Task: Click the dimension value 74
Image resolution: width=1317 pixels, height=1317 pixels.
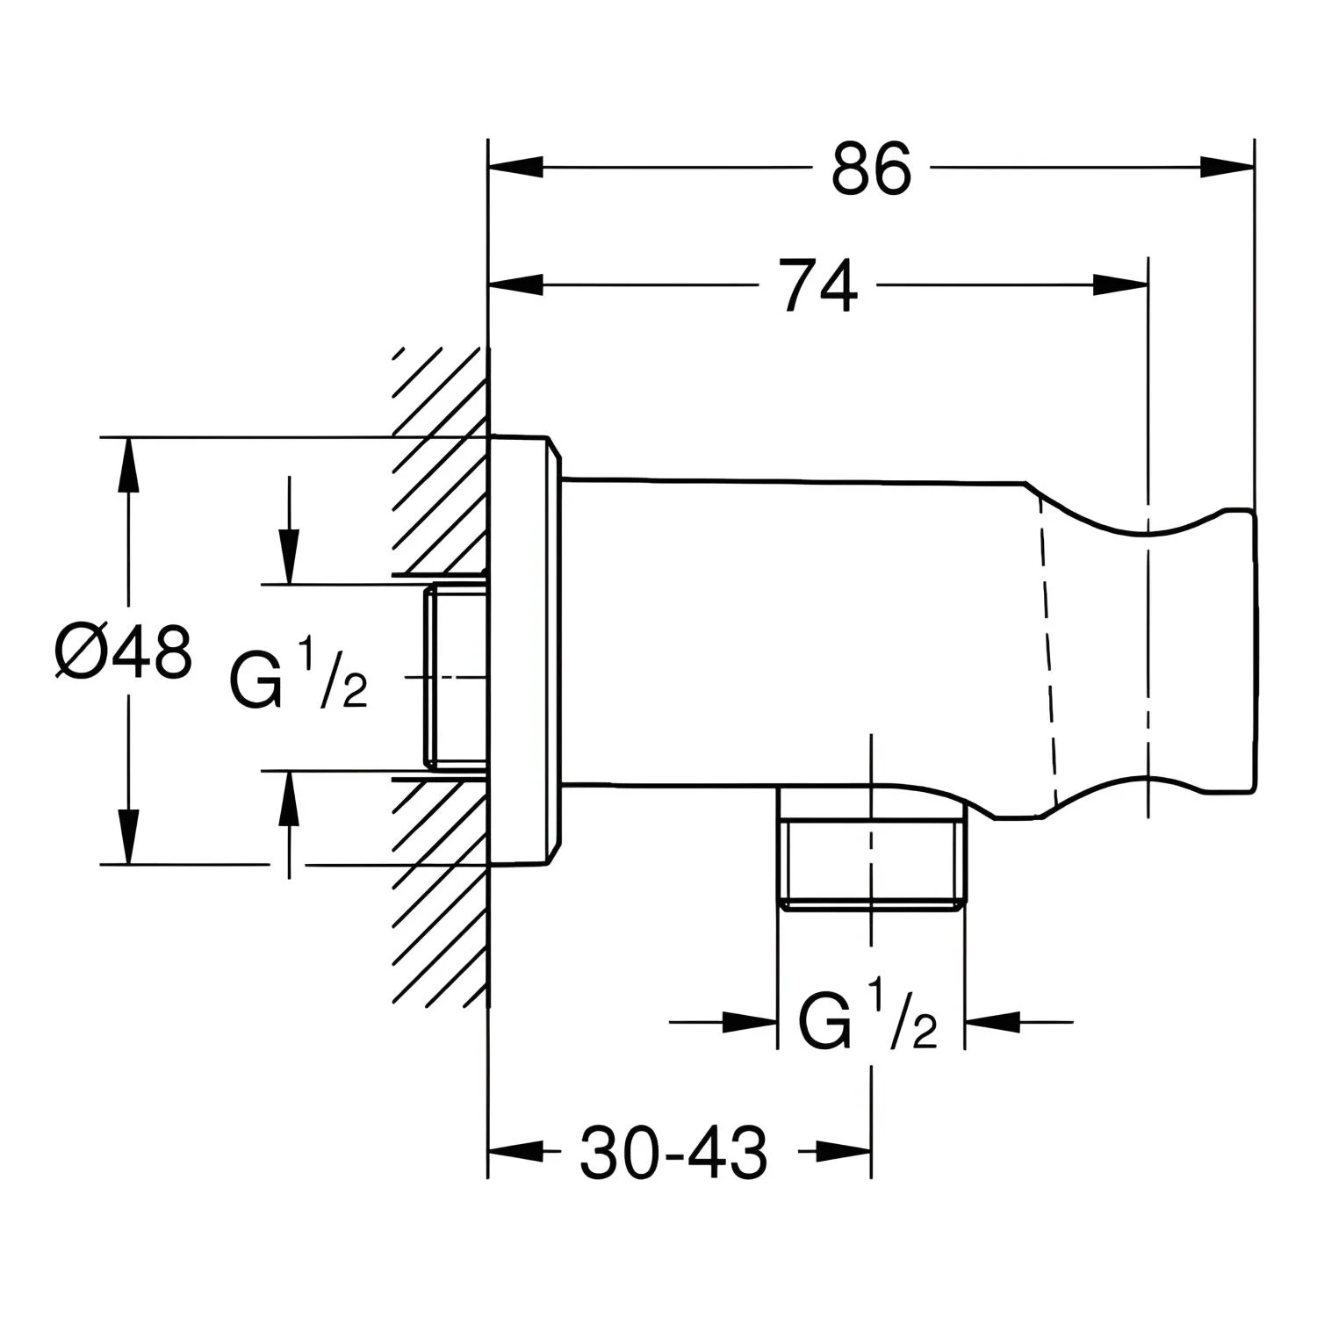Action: coord(819,284)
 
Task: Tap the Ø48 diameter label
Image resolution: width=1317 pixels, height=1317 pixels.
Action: coord(122,651)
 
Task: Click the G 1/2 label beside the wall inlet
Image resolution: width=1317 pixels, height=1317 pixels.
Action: coord(298,677)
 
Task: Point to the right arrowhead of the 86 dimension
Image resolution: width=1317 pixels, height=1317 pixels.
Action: coord(1227,168)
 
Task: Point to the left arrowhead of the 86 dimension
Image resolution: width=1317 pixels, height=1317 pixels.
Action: coord(515,168)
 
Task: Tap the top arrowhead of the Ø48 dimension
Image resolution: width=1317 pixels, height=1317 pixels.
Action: coord(128,464)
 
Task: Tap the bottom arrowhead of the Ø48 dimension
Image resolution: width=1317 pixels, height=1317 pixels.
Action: coord(128,837)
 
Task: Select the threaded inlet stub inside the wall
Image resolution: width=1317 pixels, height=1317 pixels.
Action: coord(457,676)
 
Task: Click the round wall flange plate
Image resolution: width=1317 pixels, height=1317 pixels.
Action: coord(522,651)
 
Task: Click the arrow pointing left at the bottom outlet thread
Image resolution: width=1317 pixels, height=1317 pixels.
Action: coord(991,1021)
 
